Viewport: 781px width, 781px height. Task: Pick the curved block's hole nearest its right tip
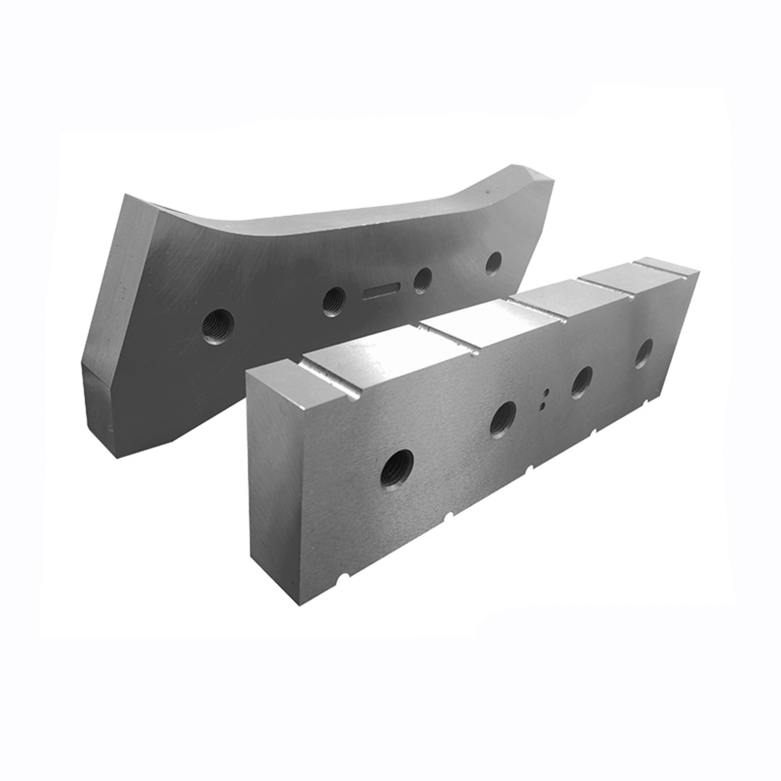point(494,262)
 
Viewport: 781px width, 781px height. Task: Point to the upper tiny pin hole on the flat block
point(547,391)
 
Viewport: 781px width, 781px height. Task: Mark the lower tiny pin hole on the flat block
point(541,404)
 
